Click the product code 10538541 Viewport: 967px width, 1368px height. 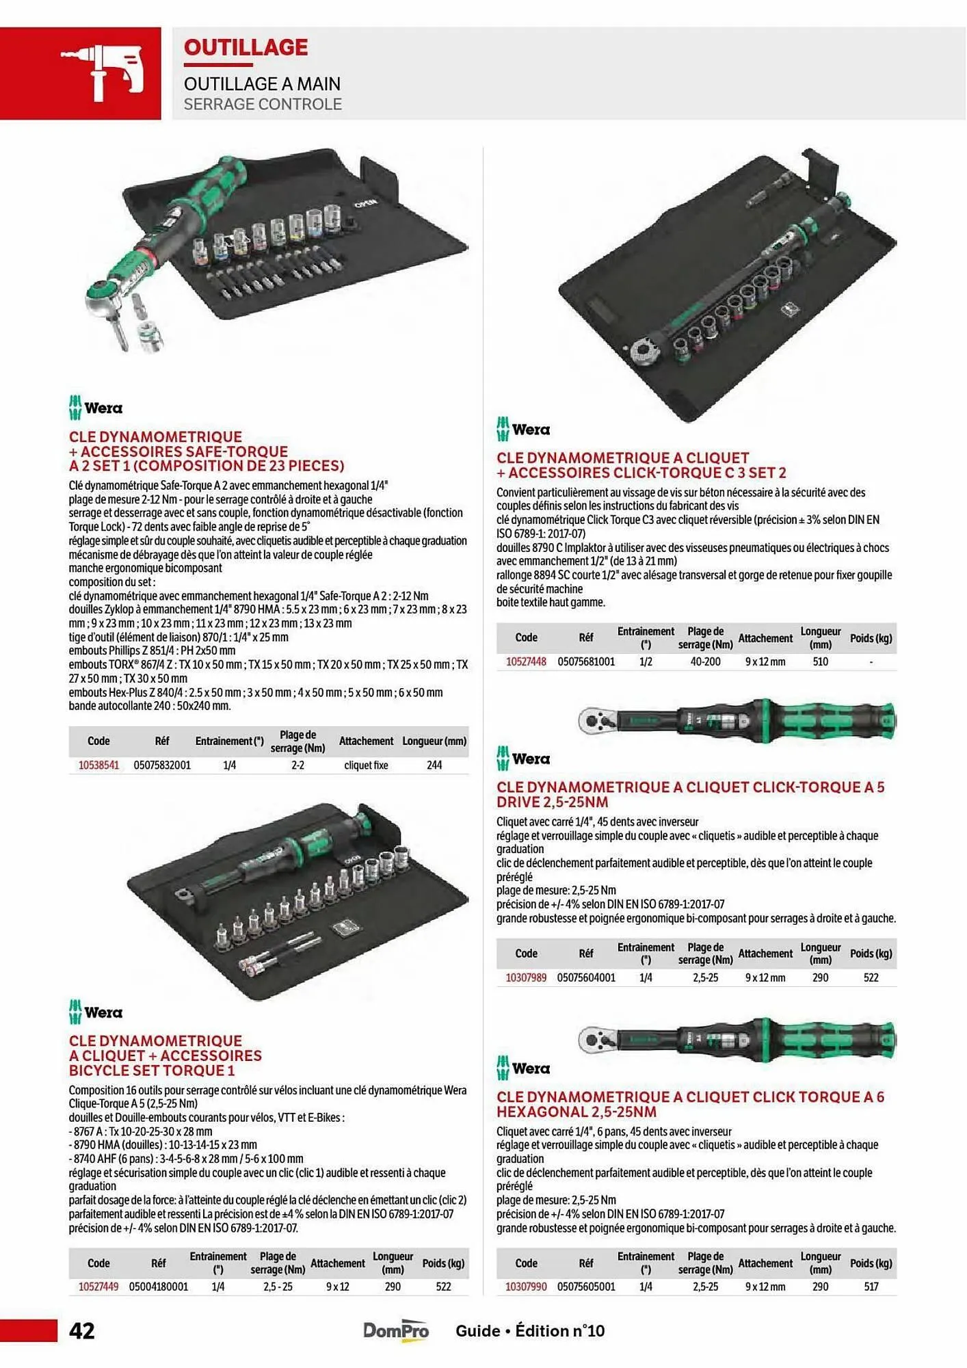click(98, 765)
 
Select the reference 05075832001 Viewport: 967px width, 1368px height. click(162, 765)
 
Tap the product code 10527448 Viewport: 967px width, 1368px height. click(526, 662)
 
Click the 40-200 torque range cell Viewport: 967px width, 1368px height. click(705, 662)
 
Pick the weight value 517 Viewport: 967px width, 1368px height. click(871, 1287)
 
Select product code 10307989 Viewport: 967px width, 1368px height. click(526, 978)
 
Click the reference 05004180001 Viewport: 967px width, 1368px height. click(158, 1287)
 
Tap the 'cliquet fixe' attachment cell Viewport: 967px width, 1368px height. click(366, 765)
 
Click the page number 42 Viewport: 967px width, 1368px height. click(82, 1330)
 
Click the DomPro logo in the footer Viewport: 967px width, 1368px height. click(396, 1330)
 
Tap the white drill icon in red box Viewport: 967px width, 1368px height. click(103, 73)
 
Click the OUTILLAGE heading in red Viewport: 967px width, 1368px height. click(246, 47)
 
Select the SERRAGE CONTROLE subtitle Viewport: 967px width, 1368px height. click(263, 104)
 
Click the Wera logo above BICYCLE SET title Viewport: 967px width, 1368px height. click(95, 1012)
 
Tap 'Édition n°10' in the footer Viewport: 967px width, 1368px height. click(559, 1330)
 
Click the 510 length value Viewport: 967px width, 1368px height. click(820, 662)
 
